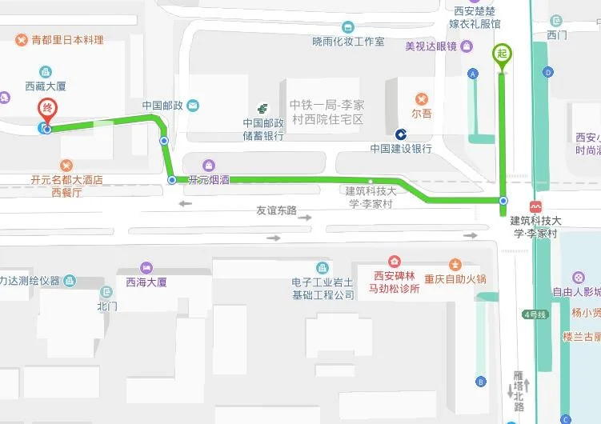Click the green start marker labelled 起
[503, 54]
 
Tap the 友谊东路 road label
[276, 211]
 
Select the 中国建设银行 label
[401, 149]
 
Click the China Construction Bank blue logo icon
[401, 133]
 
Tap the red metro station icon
[535, 206]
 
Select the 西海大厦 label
[146, 282]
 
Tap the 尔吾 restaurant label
[422, 113]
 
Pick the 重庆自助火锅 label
[455, 279]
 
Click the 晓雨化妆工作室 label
[348, 42]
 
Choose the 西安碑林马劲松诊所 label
[394, 282]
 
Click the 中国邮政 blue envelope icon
[193, 105]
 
